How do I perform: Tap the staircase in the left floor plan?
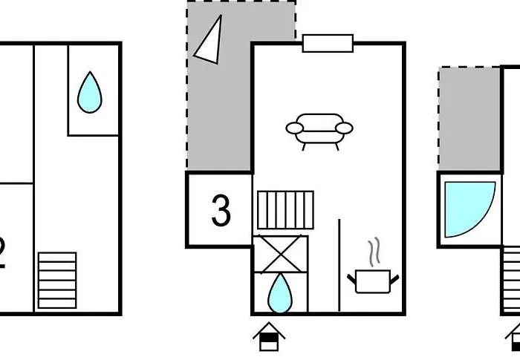(x=57, y=280)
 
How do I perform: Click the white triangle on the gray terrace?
(x=209, y=39)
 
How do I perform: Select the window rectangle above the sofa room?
(x=328, y=43)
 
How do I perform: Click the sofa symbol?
(x=319, y=128)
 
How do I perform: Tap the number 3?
(x=221, y=212)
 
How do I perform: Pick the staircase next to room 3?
(x=285, y=210)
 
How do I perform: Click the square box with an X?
(x=280, y=254)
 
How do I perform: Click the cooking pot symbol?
(x=374, y=281)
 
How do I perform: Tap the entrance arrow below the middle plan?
(x=269, y=337)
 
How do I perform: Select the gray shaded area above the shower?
(x=469, y=119)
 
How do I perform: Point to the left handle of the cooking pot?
(x=352, y=278)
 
